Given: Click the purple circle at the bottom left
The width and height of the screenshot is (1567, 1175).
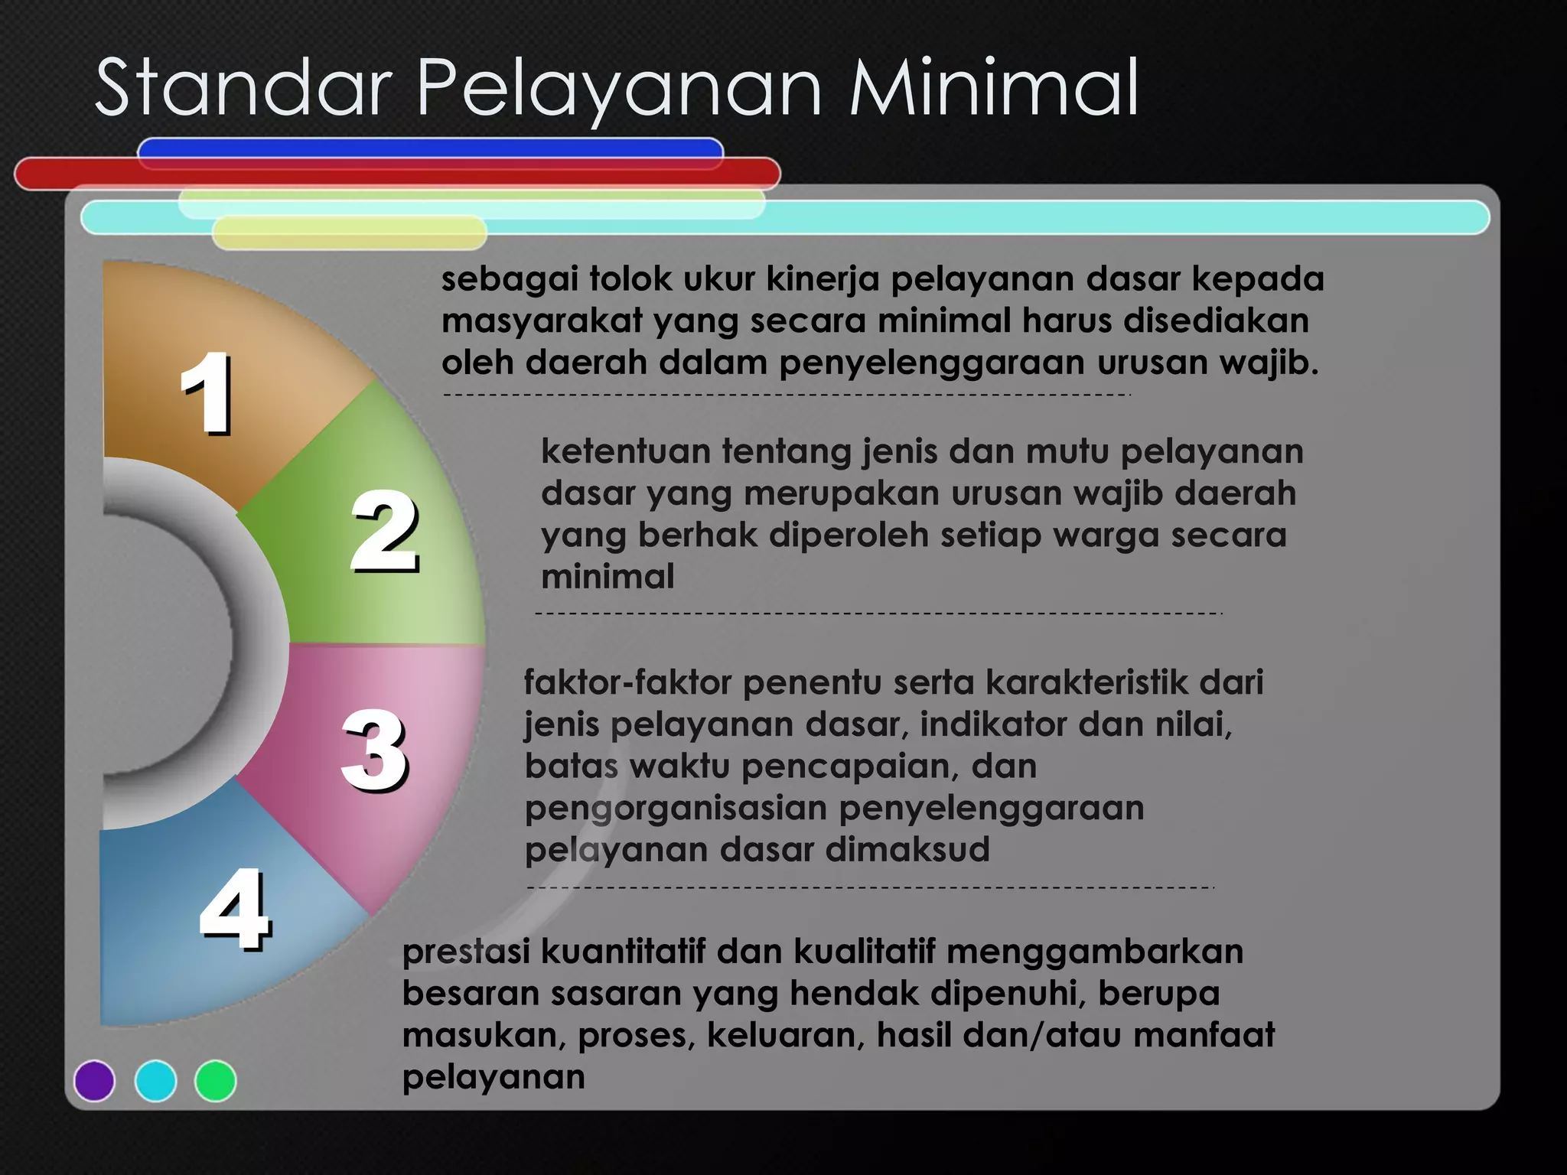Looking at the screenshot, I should click(x=94, y=1080).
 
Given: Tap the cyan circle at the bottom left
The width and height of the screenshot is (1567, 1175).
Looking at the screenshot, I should click(x=155, y=1080).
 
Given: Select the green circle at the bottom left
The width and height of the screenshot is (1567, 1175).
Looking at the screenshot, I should click(x=216, y=1080).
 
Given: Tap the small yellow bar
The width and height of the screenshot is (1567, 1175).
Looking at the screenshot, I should click(x=349, y=233).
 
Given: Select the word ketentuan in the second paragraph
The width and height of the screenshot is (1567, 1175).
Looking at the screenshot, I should click(x=625, y=451).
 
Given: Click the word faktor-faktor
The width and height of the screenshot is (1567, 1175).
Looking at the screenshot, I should click(x=627, y=682).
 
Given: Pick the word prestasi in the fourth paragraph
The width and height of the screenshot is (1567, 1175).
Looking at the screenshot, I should click(x=466, y=952).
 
